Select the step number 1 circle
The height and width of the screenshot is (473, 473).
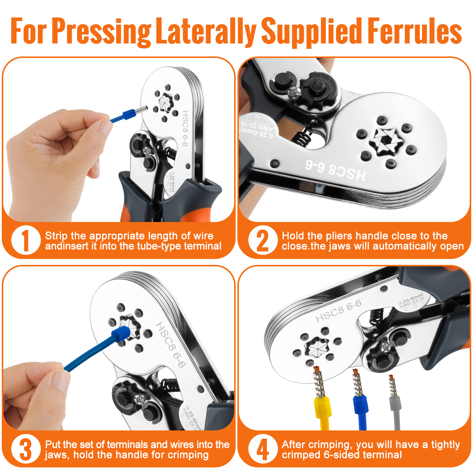click(26, 240)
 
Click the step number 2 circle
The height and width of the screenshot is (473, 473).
click(263, 240)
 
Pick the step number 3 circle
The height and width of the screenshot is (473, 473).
click(26, 449)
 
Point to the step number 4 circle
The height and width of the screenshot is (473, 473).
click(263, 449)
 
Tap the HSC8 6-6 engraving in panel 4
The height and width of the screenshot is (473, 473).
click(338, 311)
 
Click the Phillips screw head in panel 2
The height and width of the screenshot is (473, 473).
click(294, 93)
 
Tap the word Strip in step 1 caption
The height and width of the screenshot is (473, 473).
click(56, 236)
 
